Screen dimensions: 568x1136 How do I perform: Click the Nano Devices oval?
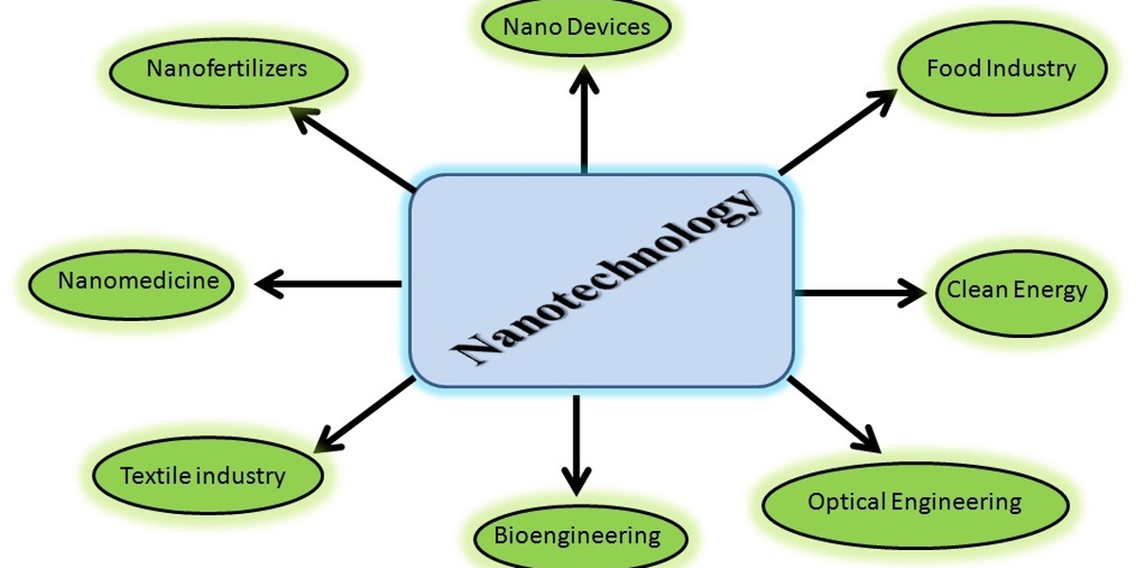577,27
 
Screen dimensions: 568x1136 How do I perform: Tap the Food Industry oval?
1002,69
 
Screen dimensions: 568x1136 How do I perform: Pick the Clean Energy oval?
1019,291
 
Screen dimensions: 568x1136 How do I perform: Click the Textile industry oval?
203,475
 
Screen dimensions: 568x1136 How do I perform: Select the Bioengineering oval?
577,536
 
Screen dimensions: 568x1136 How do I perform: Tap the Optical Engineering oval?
914,503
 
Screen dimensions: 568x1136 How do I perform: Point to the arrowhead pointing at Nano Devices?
584,80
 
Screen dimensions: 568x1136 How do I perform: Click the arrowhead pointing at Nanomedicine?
271,282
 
